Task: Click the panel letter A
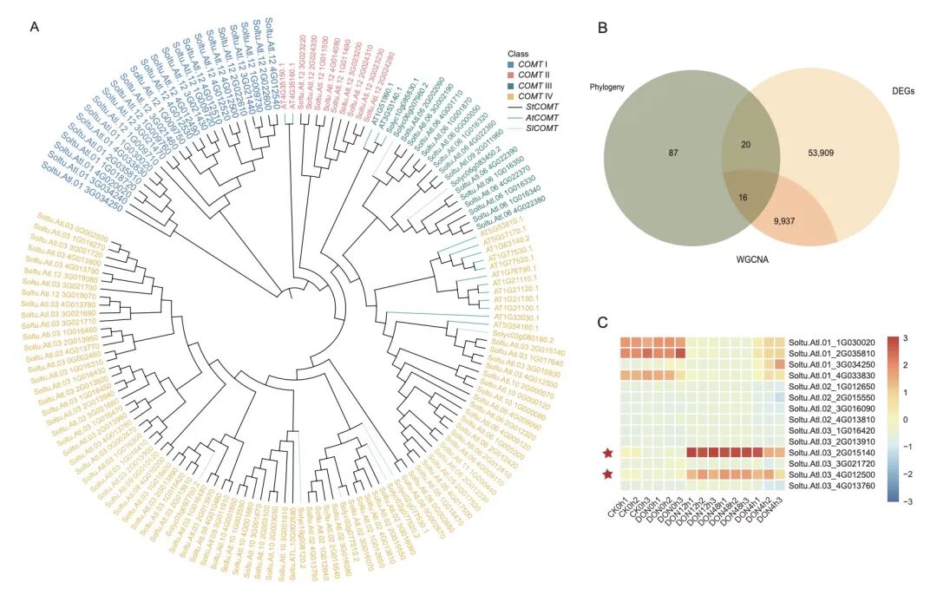pos(35,26)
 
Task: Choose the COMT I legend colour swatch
pos(511,66)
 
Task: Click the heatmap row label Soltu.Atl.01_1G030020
pos(831,342)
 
